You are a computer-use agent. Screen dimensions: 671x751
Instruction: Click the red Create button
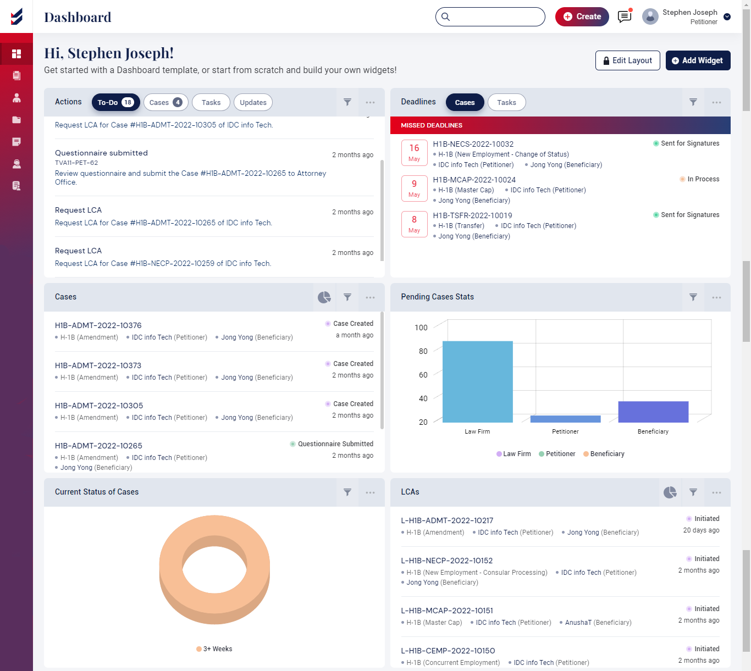click(582, 16)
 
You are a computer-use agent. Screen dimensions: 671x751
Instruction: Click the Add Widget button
click(698, 60)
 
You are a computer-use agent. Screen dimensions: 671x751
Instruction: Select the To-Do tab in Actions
click(115, 102)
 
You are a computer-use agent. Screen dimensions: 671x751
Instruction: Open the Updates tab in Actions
click(253, 102)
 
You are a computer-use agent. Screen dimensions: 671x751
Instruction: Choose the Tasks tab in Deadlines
click(506, 102)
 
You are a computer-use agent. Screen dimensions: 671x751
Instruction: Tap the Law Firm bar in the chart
click(477, 381)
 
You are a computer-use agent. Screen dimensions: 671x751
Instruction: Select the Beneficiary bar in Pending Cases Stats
click(653, 412)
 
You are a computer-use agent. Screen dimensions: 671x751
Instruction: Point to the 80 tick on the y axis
click(423, 351)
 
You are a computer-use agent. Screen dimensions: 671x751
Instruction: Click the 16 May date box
click(415, 153)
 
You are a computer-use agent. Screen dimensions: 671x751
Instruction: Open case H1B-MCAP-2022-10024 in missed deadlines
click(474, 180)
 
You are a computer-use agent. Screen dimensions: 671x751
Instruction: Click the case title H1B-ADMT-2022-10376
click(98, 325)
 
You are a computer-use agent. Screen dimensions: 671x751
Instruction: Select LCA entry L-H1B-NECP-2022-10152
click(447, 561)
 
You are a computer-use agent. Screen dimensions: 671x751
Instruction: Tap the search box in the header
click(490, 16)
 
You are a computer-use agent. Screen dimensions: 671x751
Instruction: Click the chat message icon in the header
click(625, 16)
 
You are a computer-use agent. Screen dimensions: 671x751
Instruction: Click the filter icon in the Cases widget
click(347, 297)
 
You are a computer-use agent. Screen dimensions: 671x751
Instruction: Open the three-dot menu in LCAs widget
click(716, 492)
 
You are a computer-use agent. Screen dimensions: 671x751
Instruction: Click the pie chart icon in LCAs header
click(670, 492)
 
